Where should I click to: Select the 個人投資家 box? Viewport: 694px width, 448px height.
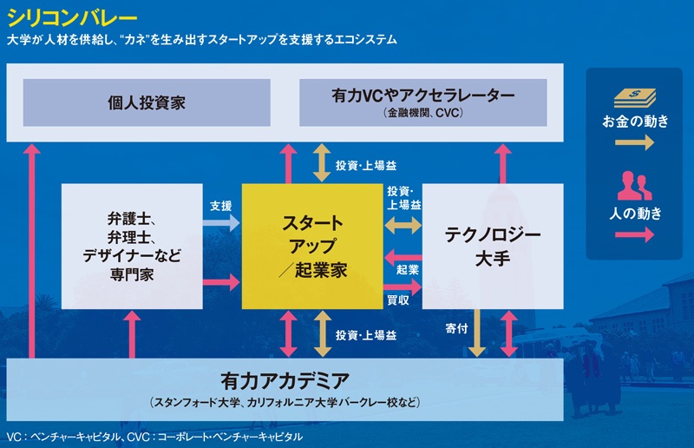coord(147,102)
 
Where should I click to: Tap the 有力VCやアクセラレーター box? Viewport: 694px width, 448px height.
coord(423,102)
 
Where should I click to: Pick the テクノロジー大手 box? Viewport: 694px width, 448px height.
coord(492,246)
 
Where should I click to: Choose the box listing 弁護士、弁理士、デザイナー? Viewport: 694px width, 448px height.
coord(131,247)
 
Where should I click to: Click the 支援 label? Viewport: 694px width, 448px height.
coord(220,206)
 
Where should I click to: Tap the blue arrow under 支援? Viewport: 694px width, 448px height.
coord(220,223)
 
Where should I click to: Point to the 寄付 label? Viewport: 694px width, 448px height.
coord(457,330)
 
